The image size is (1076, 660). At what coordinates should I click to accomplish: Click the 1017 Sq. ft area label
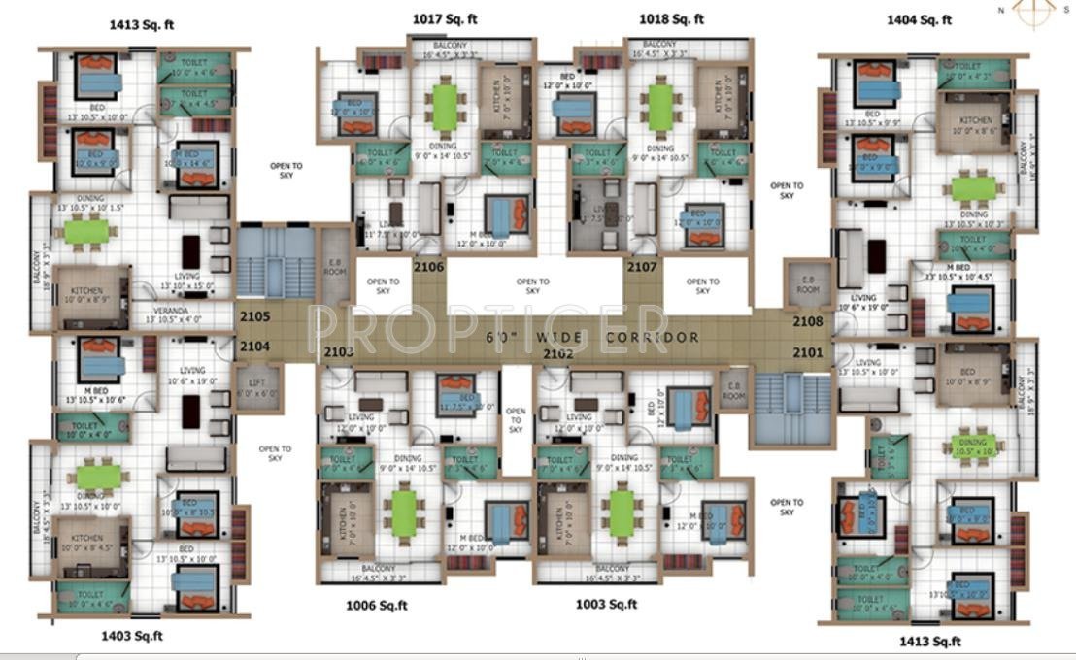(x=445, y=18)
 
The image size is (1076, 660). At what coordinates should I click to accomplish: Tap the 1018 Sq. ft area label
(x=671, y=18)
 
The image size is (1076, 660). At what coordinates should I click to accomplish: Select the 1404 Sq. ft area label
(x=919, y=18)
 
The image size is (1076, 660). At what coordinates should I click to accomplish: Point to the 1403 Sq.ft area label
(x=132, y=636)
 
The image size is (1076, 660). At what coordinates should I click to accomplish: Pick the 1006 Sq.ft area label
(x=377, y=605)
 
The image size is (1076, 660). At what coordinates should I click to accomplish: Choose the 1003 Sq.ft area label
(x=606, y=604)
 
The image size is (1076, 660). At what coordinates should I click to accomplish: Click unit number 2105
(x=252, y=316)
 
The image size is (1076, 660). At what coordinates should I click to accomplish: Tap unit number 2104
(x=252, y=346)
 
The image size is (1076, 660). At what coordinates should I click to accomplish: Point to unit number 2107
(x=642, y=267)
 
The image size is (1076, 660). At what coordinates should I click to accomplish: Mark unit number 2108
(x=807, y=321)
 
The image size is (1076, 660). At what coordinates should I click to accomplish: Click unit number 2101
(x=807, y=352)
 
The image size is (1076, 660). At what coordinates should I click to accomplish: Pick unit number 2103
(x=339, y=352)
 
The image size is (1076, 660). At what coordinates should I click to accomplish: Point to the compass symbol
(x=1033, y=11)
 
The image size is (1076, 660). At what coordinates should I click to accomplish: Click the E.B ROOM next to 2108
(x=807, y=282)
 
